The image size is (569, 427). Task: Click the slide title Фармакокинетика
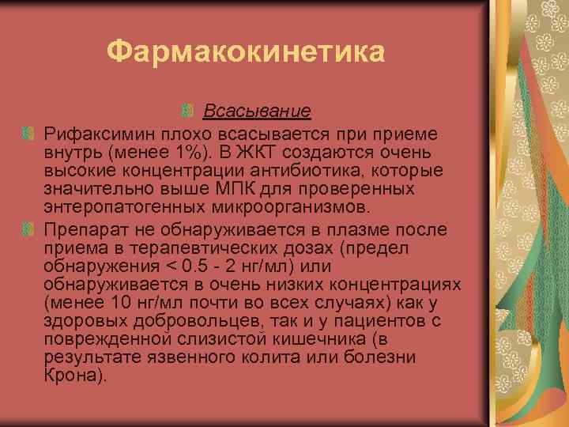point(246,53)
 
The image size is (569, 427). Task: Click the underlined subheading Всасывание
point(257,109)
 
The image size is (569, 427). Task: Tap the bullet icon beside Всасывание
point(188,109)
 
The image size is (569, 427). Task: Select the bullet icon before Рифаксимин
point(29,128)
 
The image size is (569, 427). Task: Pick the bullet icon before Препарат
point(29,229)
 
